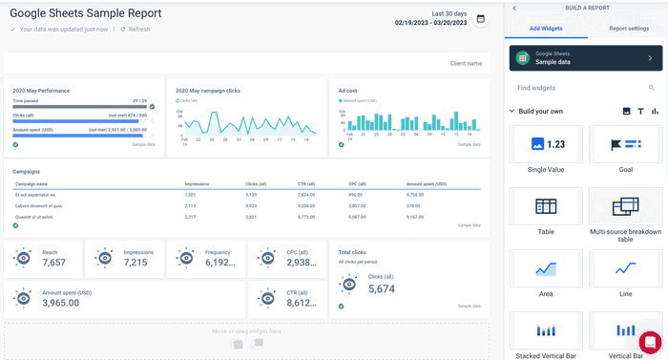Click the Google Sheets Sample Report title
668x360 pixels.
(x=85, y=13)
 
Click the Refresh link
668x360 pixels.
(x=138, y=30)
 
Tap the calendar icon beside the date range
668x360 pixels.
(x=480, y=18)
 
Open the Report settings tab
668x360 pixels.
(x=629, y=30)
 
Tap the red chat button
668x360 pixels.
(x=650, y=342)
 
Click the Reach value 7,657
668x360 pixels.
(x=54, y=263)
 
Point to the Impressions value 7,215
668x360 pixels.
(x=136, y=263)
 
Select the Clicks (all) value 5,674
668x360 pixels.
(x=382, y=288)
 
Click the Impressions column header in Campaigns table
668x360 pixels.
(x=197, y=183)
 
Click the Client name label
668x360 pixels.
(x=466, y=64)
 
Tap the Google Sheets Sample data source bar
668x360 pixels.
(x=584, y=58)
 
